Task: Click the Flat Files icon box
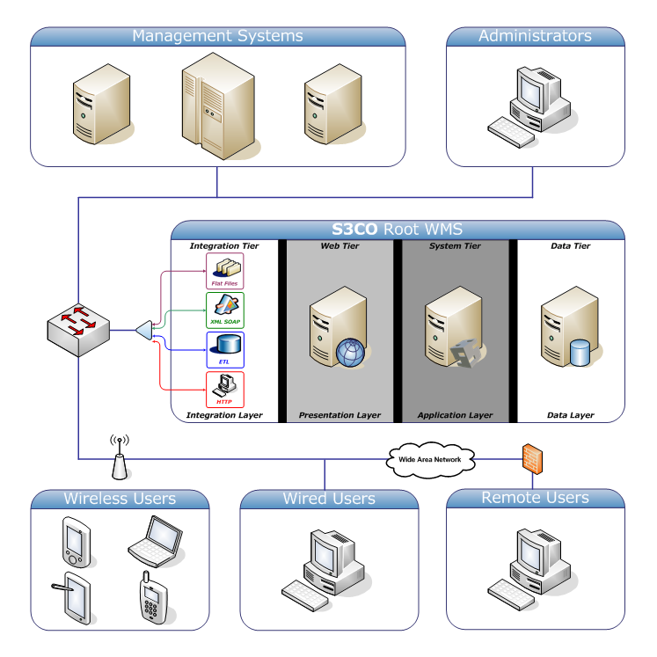click(x=224, y=271)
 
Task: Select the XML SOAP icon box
click(x=225, y=310)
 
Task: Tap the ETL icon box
click(x=225, y=350)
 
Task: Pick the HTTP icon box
click(x=225, y=390)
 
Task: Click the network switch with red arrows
click(x=78, y=330)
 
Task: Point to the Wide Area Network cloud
click(x=430, y=460)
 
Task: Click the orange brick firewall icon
click(x=533, y=459)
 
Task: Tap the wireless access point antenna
click(x=120, y=458)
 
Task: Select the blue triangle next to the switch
click(x=144, y=330)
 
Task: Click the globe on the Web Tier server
click(x=350, y=353)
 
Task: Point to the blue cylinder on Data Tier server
click(x=580, y=353)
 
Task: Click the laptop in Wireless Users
click(x=156, y=542)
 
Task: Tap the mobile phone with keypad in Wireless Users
click(x=153, y=597)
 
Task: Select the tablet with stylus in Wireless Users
click(x=72, y=598)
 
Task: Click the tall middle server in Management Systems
click(x=218, y=106)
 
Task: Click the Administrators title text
click(x=535, y=36)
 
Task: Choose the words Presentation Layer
click(x=339, y=415)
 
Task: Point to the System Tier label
click(x=455, y=246)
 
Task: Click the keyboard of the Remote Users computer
click(x=511, y=595)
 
